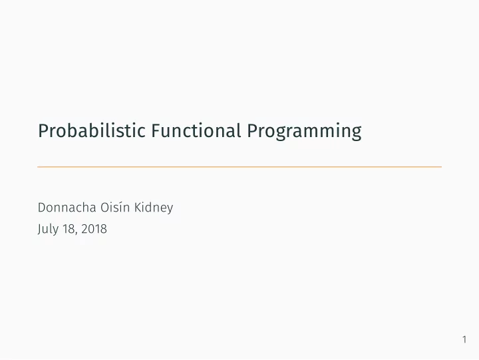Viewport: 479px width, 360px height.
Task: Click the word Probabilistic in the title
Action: (x=92, y=130)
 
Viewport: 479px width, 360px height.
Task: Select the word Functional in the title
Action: (x=196, y=130)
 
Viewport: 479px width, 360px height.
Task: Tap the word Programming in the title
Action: (x=304, y=132)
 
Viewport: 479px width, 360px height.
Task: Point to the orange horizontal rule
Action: (x=239, y=167)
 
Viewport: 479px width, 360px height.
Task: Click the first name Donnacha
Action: (x=67, y=207)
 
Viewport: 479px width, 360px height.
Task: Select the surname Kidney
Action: (x=154, y=208)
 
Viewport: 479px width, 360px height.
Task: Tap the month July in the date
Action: (x=48, y=229)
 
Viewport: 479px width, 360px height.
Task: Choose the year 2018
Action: (x=94, y=229)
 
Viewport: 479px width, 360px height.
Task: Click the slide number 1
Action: (x=464, y=339)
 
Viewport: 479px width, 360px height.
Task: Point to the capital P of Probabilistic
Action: (x=43, y=131)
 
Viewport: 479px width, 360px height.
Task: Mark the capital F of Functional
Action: (x=156, y=131)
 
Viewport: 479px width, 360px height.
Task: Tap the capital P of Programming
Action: (x=252, y=131)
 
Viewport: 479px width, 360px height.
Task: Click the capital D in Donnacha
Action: (x=42, y=208)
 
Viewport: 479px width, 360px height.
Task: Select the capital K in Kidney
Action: (x=138, y=208)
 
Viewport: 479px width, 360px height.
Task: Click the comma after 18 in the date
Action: (x=75, y=234)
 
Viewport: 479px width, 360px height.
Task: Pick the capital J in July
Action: (x=40, y=230)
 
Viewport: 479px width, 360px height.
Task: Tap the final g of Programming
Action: (x=357, y=134)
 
